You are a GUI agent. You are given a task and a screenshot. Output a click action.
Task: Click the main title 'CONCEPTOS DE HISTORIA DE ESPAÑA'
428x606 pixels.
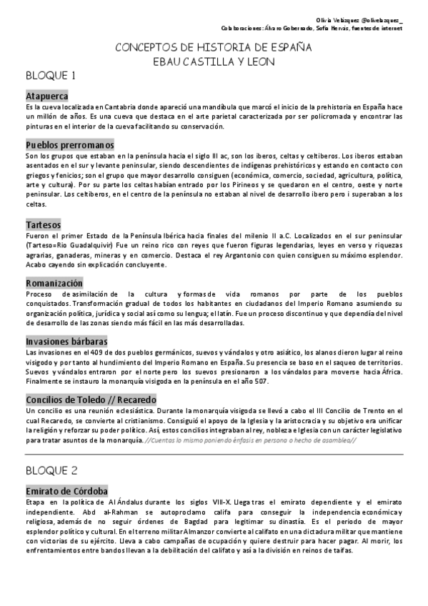[214, 47]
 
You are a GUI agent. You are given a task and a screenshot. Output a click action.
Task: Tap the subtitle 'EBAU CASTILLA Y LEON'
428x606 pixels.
[214, 61]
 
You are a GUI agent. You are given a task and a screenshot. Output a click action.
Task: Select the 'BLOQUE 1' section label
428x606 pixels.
[51, 76]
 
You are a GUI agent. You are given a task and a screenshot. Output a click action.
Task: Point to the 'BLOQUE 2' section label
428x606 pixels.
[51, 472]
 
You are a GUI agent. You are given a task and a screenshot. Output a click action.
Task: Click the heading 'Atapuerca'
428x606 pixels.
[47, 94]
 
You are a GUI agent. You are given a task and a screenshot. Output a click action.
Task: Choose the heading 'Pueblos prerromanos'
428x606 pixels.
[69, 144]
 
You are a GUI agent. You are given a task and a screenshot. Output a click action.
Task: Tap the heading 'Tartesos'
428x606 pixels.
[43, 224]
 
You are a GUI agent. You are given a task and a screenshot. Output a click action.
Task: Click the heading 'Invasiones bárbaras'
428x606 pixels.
[66, 342]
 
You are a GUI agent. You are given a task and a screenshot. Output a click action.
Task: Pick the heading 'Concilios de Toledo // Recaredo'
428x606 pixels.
[91, 400]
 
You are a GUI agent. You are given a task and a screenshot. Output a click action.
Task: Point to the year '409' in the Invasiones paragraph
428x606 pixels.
[88, 353]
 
